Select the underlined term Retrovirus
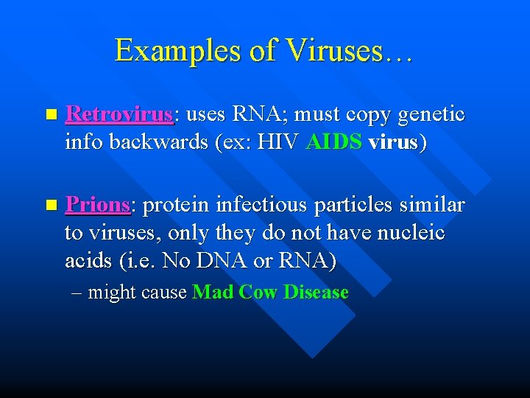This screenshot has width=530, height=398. (x=119, y=115)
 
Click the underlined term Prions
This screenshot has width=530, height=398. (x=97, y=205)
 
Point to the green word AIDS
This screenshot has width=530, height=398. (x=334, y=142)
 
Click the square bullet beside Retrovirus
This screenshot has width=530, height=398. (x=49, y=116)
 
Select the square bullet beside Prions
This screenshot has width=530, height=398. (x=49, y=205)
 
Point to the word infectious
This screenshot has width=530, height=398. (x=258, y=205)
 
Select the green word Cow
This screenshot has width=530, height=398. (x=258, y=293)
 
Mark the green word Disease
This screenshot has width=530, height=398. (x=316, y=293)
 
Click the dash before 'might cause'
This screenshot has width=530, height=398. (x=78, y=293)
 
